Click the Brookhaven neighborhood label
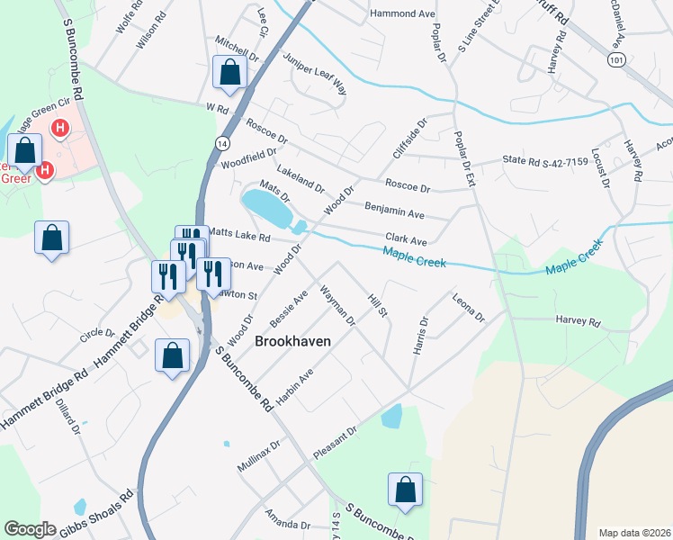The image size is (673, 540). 292,342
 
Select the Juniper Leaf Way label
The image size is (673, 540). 315,74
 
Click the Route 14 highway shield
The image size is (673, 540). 220,143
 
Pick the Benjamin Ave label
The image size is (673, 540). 394,211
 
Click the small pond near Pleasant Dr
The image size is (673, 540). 391,416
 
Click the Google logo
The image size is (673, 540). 30,530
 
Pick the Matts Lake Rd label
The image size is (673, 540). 239,235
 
